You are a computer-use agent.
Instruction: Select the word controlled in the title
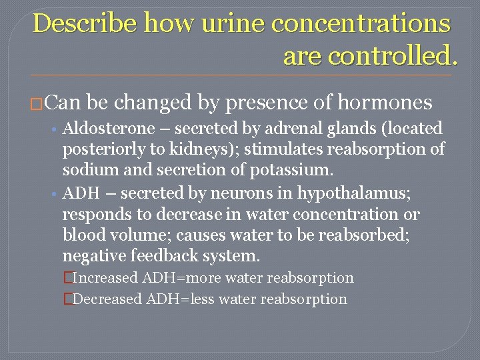(369, 56)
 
